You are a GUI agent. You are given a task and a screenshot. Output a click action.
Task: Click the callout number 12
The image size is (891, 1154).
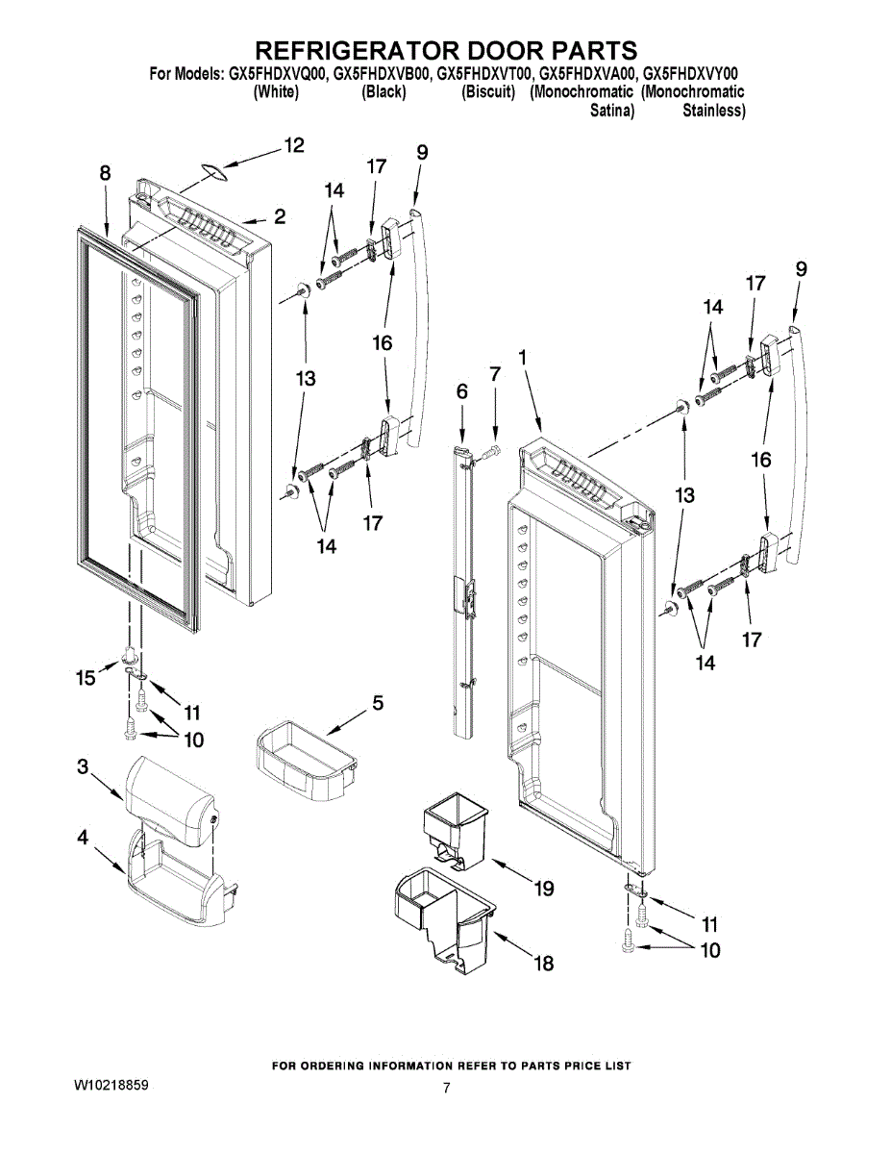[293, 145]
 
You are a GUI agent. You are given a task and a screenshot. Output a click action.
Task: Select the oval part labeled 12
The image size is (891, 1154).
[215, 171]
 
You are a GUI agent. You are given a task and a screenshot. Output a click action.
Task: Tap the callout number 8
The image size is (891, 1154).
[105, 173]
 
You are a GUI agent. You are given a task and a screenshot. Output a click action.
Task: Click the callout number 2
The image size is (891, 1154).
[279, 216]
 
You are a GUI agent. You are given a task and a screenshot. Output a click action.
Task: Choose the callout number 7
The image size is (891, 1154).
[494, 374]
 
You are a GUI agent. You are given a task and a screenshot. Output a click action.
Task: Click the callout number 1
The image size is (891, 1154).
[523, 357]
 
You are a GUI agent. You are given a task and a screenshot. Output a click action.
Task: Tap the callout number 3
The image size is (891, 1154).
[83, 766]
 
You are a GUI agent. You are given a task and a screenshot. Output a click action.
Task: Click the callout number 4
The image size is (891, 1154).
[83, 839]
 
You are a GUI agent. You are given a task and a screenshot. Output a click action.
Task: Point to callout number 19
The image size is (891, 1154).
[544, 890]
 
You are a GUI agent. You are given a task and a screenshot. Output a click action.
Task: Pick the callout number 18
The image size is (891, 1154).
[544, 963]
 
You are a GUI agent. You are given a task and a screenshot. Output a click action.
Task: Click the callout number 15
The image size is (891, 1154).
[87, 678]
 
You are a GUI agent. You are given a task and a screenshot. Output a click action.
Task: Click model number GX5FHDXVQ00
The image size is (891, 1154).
[277, 73]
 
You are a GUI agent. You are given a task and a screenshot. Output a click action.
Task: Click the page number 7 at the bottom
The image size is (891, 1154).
[446, 1089]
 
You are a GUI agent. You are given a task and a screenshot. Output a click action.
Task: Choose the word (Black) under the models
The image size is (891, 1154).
[384, 92]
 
